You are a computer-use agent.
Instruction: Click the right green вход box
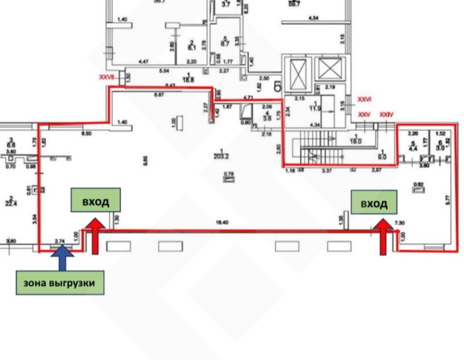tap(374, 202)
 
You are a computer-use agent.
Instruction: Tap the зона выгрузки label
tap(60, 283)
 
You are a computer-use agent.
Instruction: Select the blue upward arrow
tap(62, 257)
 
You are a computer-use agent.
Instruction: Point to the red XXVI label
tap(364, 99)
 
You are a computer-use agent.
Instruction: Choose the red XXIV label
tap(386, 115)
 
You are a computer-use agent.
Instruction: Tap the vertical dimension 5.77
tap(448, 200)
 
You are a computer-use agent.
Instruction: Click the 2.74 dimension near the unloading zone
tap(60, 242)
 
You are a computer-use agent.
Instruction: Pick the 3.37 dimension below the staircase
tap(328, 171)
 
